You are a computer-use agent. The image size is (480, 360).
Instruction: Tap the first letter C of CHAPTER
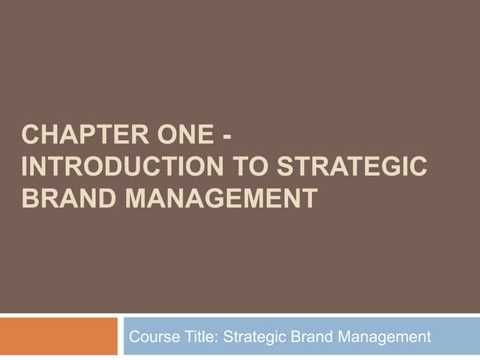pyautogui.click(x=30, y=138)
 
